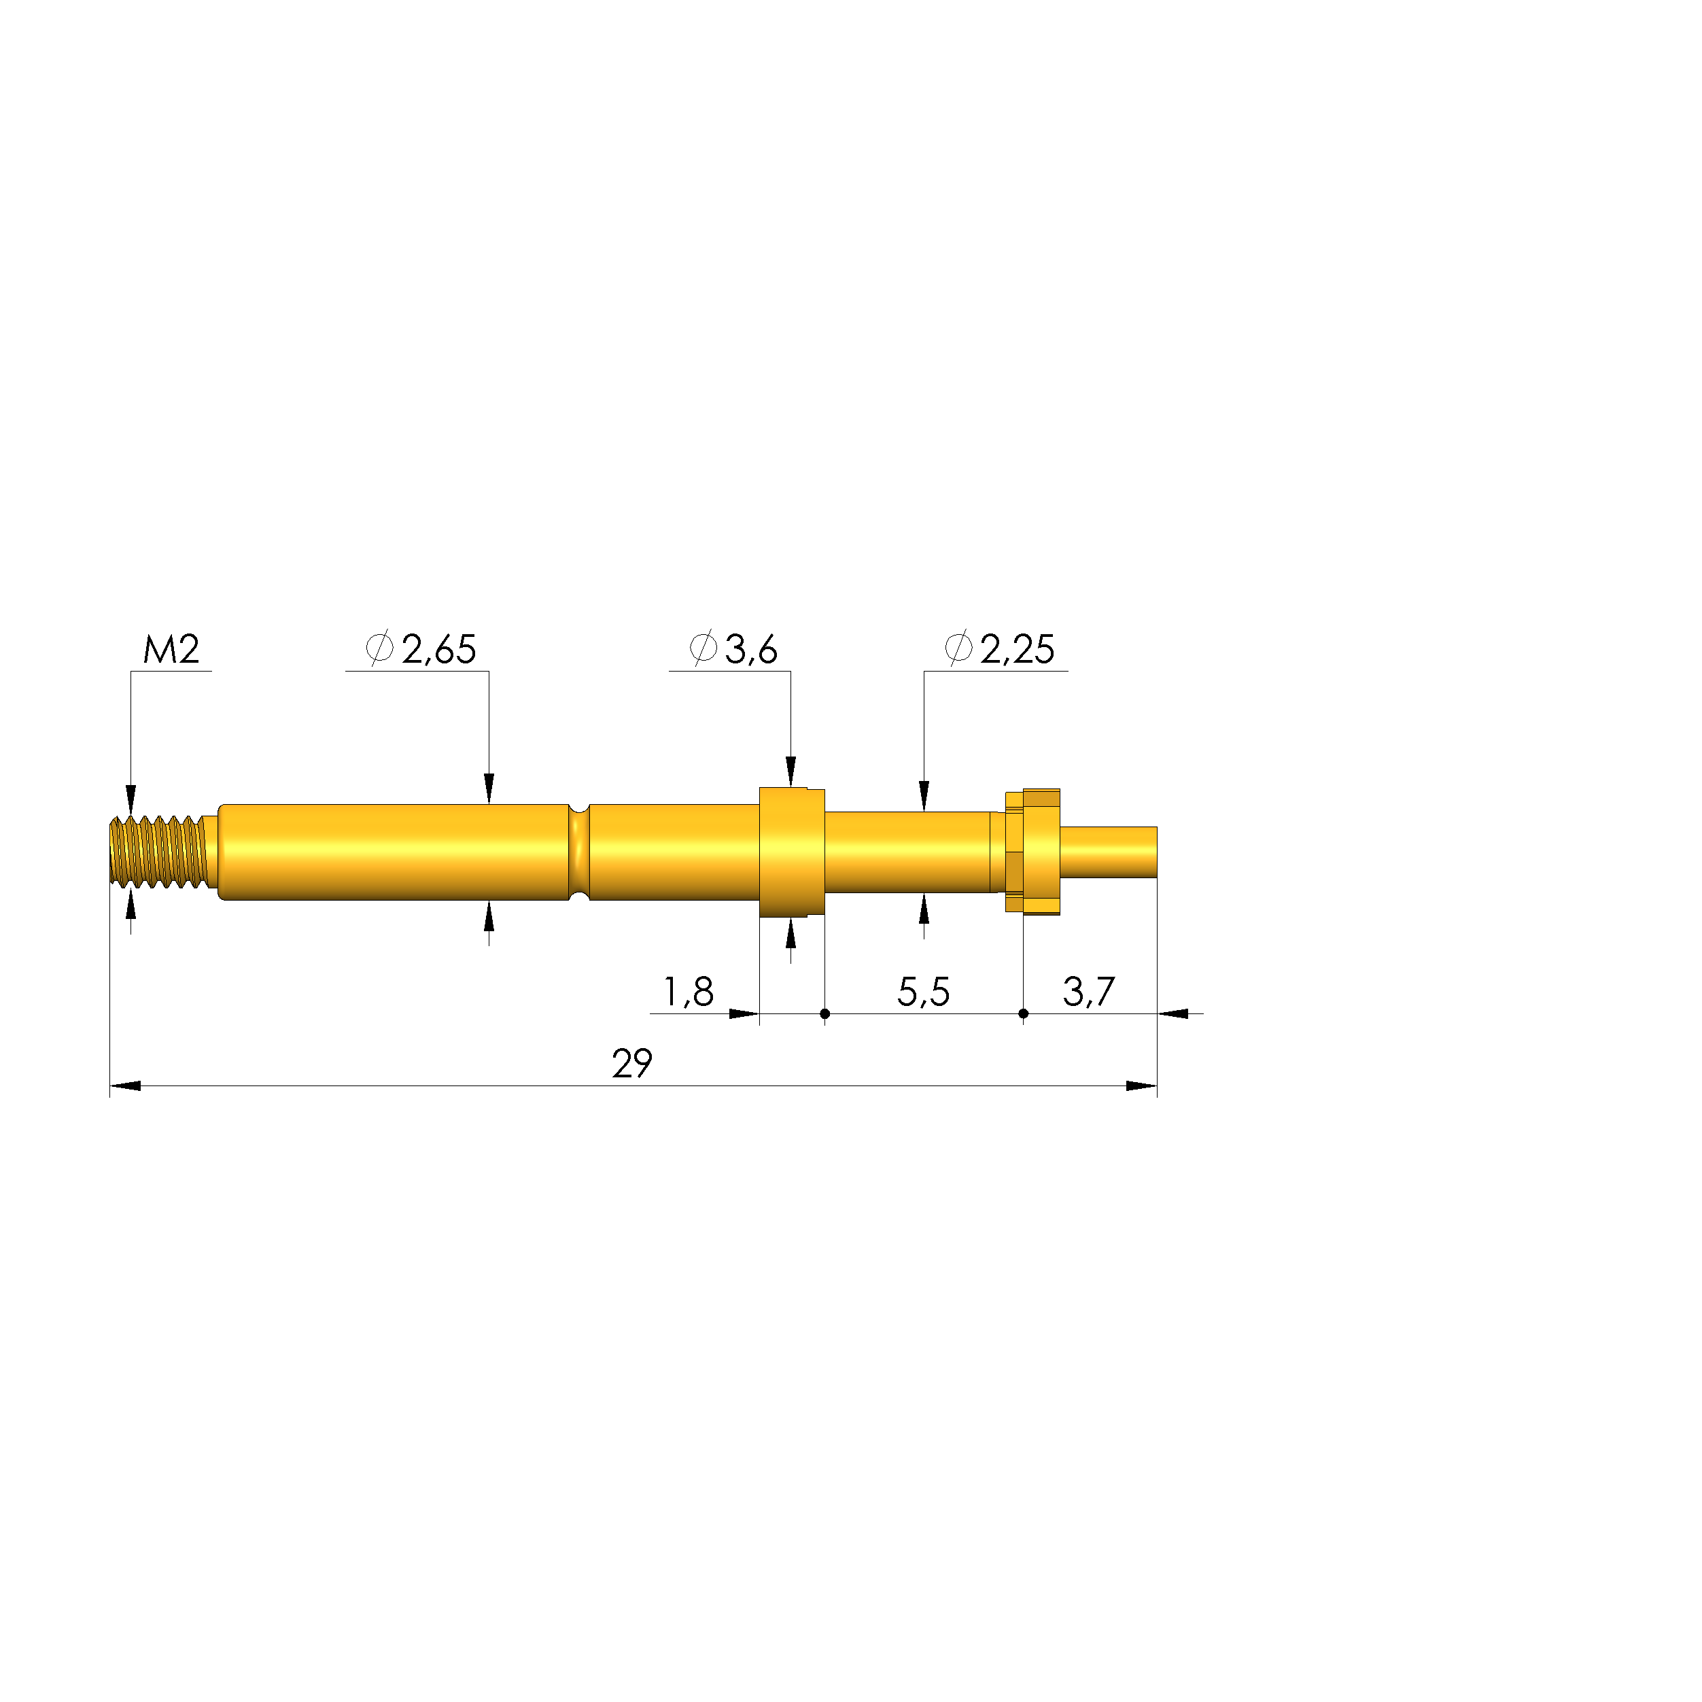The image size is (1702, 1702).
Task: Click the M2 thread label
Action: point(172,650)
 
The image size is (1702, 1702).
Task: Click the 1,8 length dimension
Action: point(687,992)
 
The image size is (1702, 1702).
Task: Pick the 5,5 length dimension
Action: point(923,992)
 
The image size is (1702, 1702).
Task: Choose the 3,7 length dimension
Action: point(1089,992)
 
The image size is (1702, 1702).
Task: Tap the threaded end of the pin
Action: point(158,852)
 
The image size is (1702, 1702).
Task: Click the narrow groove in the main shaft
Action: point(579,852)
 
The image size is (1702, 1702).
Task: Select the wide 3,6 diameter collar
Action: point(791,852)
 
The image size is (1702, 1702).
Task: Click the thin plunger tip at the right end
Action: point(1108,852)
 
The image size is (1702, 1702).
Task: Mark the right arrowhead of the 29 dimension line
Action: point(1142,1086)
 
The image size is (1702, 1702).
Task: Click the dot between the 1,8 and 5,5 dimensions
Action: point(824,1014)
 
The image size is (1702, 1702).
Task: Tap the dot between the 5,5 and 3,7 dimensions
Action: point(1023,1014)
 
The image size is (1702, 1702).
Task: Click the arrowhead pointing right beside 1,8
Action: point(744,1014)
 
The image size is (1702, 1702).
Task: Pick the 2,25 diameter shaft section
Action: point(907,852)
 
